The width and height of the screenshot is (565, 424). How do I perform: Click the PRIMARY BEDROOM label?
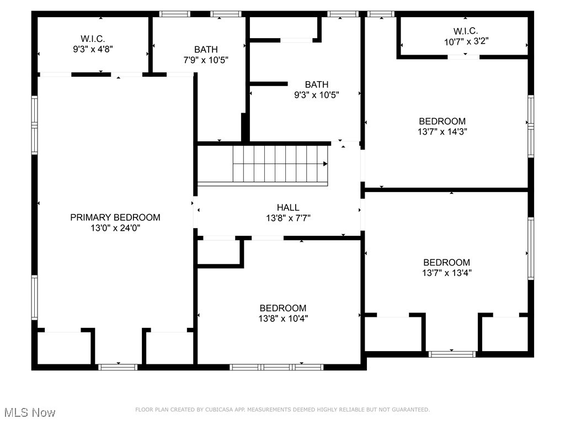click(x=115, y=218)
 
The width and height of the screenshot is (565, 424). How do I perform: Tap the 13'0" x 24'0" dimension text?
click(x=115, y=228)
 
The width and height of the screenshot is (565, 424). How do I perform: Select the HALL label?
click(x=288, y=208)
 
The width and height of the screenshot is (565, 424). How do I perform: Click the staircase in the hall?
click(x=279, y=163)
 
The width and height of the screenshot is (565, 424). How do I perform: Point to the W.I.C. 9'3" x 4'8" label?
click(x=93, y=44)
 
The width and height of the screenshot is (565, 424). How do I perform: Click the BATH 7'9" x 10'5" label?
click(x=206, y=54)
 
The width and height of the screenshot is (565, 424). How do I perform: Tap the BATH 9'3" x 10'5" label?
click(x=317, y=89)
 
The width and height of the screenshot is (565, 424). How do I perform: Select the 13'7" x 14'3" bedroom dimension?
click(x=442, y=131)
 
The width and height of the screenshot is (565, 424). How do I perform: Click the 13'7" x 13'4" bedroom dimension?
click(x=446, y=273)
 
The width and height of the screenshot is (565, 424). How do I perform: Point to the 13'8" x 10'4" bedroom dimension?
click(x=283, y=318)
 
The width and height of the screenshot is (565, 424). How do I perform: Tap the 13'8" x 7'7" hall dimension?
click(x=288, y=218)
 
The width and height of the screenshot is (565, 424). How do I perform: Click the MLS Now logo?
click(x=30, y=412)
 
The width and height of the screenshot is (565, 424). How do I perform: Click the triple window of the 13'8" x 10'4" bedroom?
click(x=276, y=367)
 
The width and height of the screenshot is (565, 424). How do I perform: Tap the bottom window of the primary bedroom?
click(x=118, y=367)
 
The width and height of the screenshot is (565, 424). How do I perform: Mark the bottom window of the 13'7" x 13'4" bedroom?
click(x=452, y=354)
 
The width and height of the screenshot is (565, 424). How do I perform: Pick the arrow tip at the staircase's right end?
click(x=326, y=163)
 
